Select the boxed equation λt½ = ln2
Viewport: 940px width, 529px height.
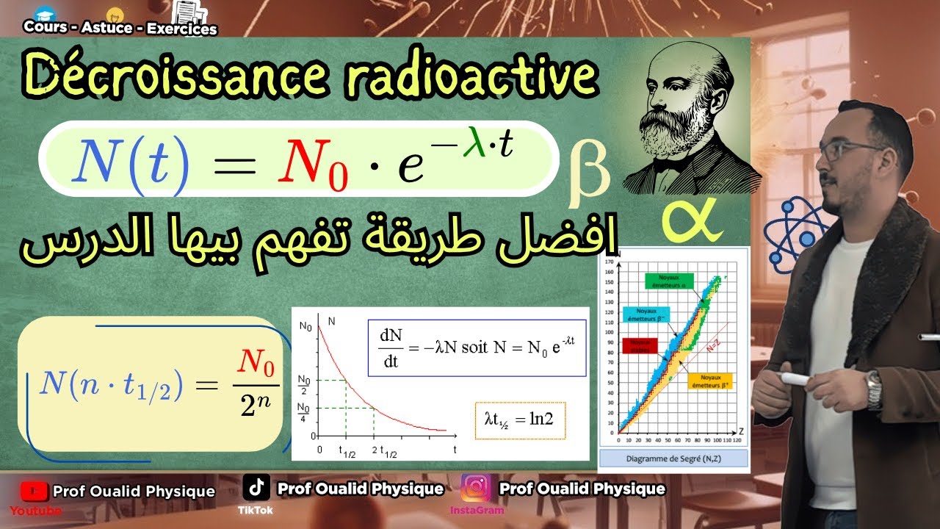coord(520,420)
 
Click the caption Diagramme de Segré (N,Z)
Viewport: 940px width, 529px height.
coord(673,459)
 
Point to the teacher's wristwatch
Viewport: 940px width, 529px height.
coord(873,390)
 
